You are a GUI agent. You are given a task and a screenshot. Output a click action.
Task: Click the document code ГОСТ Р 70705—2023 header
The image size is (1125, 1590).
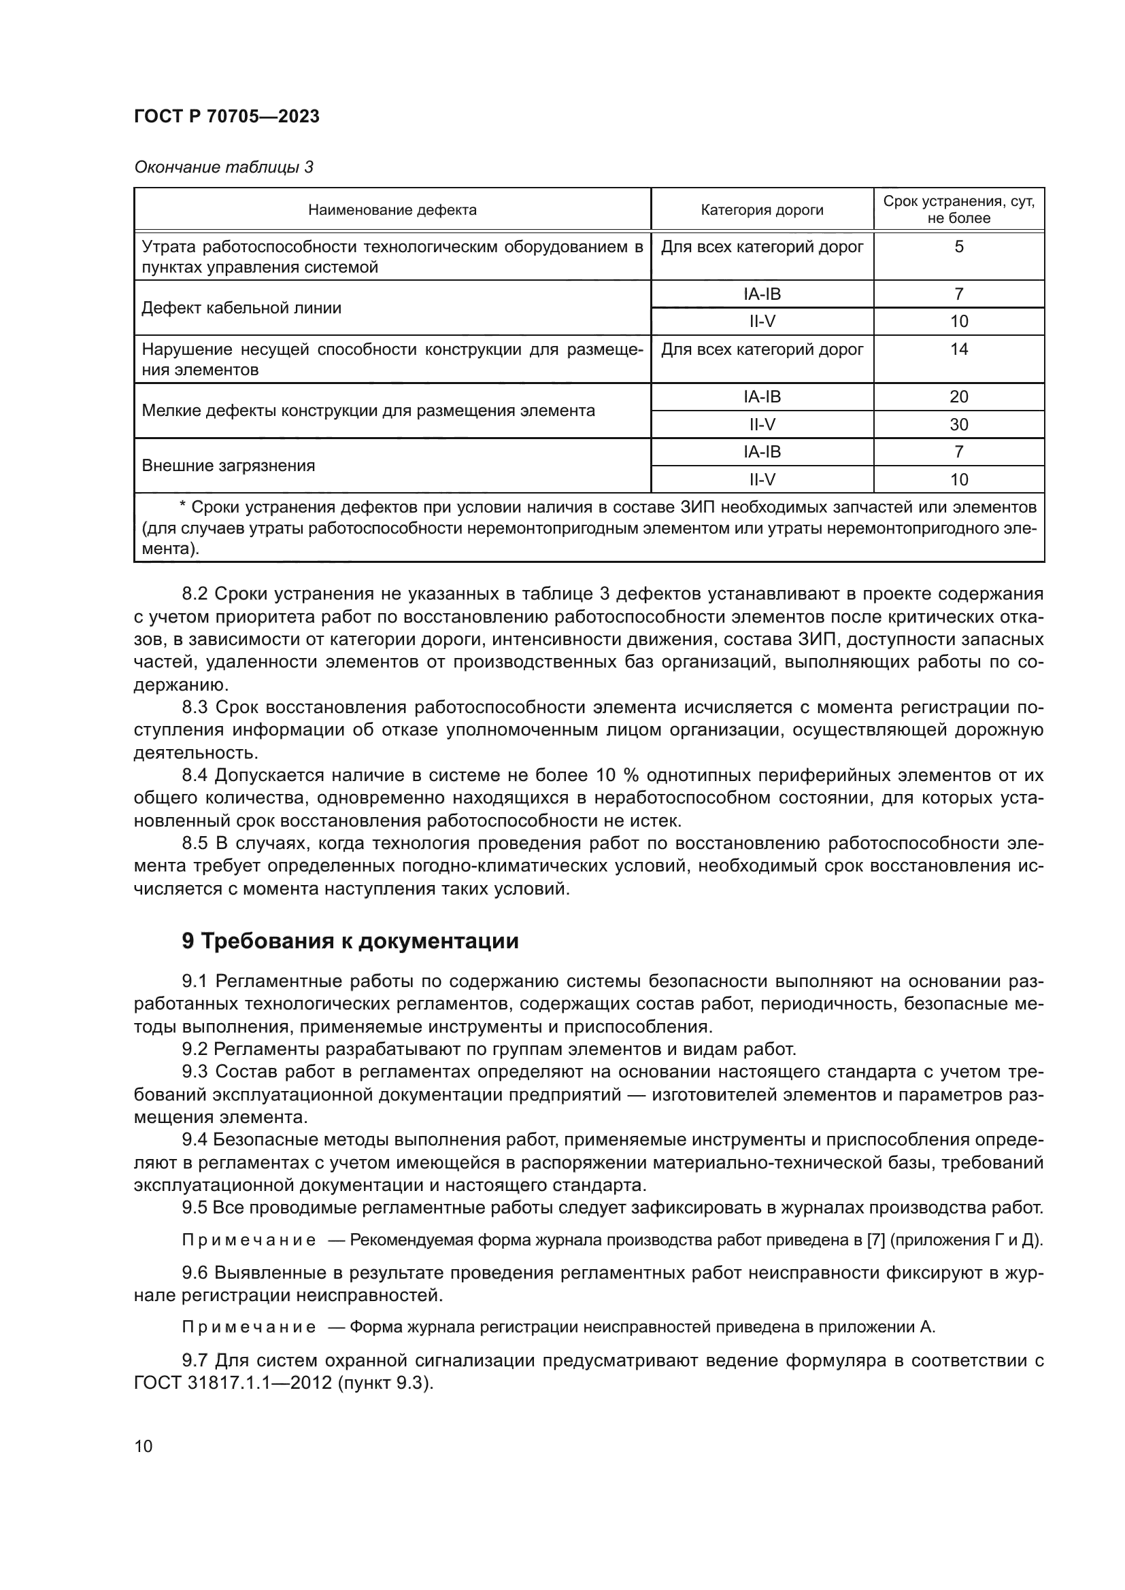click(x=226, y=116)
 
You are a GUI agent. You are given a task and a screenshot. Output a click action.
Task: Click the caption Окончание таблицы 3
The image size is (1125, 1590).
click(x=223, y=167)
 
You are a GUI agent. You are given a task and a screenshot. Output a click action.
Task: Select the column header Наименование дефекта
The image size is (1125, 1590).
click(x=392, y=210)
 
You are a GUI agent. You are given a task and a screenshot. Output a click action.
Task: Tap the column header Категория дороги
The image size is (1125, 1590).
click(x=762, y=210)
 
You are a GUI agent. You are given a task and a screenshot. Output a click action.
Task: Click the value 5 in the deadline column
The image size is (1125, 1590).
click(x=959, y=247)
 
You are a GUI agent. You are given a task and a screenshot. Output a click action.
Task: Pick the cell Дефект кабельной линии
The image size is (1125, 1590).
click(x=241, y=308)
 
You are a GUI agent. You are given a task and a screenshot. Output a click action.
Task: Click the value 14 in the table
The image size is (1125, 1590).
click(x=959, y=349)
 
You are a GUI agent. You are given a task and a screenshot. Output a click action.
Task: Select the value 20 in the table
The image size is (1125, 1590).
click(x=959, y=397)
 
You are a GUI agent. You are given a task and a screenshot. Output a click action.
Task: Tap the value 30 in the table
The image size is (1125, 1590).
click(x=959, y=424)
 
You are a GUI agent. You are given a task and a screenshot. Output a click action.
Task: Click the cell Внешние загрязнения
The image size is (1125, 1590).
click(x=228, y=466)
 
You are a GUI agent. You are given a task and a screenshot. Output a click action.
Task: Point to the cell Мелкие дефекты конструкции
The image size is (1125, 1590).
click(x=368, y=411)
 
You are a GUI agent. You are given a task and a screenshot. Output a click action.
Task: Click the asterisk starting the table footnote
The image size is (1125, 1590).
click(x=182, y=507)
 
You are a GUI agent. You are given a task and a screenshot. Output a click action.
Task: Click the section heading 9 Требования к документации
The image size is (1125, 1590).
click(x=350, y=941)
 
